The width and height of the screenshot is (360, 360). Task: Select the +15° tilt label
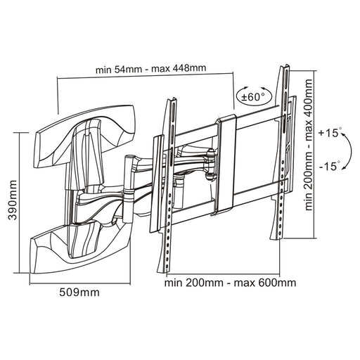[x=328, y=131]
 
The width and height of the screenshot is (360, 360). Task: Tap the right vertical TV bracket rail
[x=283, y=148]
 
